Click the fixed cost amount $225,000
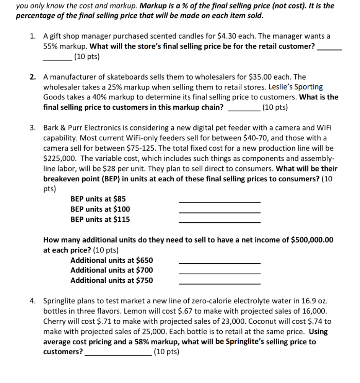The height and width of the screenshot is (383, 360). tap(57, 158)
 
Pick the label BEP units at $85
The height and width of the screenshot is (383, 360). tap(98, 199)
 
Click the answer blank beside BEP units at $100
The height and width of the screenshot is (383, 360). tap(220, 212)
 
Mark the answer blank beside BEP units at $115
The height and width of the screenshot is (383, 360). tap(220, 222)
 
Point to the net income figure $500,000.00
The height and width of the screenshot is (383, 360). tap(312, 240)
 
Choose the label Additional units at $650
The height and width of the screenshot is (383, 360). tap(111, 260)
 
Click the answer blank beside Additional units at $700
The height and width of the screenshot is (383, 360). tap(220, 273)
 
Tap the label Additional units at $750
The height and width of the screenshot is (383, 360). tap(111, 280)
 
